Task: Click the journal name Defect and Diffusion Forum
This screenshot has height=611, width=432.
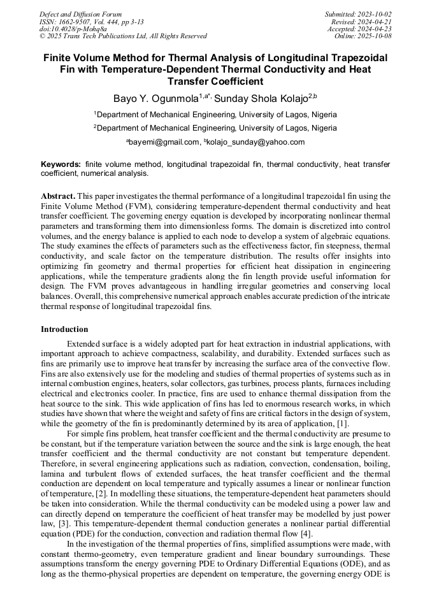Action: tap(80, 14)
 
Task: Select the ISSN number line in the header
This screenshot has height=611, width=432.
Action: tap(92, 22)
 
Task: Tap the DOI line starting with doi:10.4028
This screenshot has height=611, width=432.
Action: tap(73, 29)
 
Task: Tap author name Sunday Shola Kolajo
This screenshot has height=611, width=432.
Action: tap(261, 99)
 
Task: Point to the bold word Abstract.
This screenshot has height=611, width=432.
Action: tap(59, 196)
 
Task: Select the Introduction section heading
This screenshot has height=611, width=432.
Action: tap(64, 329)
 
